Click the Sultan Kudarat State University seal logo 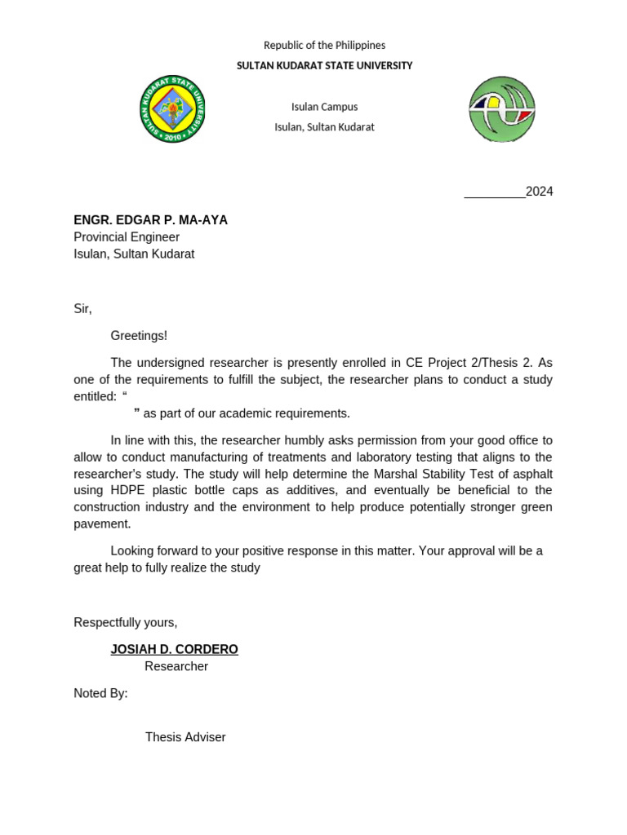coord(172,109)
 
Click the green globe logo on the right coord(501,109)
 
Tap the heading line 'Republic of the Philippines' coord(324,46)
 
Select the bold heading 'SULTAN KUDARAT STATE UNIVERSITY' coord(324,66)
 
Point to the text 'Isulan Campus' coord(324,107)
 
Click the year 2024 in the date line coord(539,192)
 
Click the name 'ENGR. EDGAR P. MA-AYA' coord(150,220)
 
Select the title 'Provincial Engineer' coord(127,237)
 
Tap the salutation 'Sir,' coord(82,309)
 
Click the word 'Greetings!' coord(139,336)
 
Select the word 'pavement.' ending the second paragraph coord(102,524)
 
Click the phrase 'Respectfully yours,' coord(125,622)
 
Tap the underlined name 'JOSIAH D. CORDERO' coord(175,649)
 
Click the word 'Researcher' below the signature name coord(176,666)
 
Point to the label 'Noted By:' coord(100,693)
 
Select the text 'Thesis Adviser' coord(185,737)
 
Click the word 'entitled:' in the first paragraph coord(95,396)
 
